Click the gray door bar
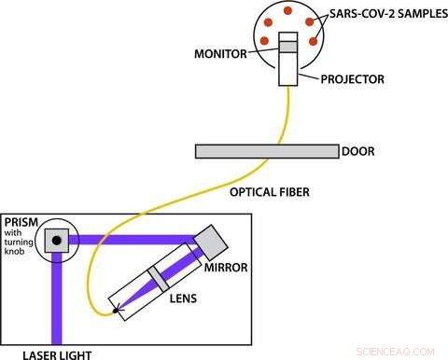266,151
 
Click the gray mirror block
213,242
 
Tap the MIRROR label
224,269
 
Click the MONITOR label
220,54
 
